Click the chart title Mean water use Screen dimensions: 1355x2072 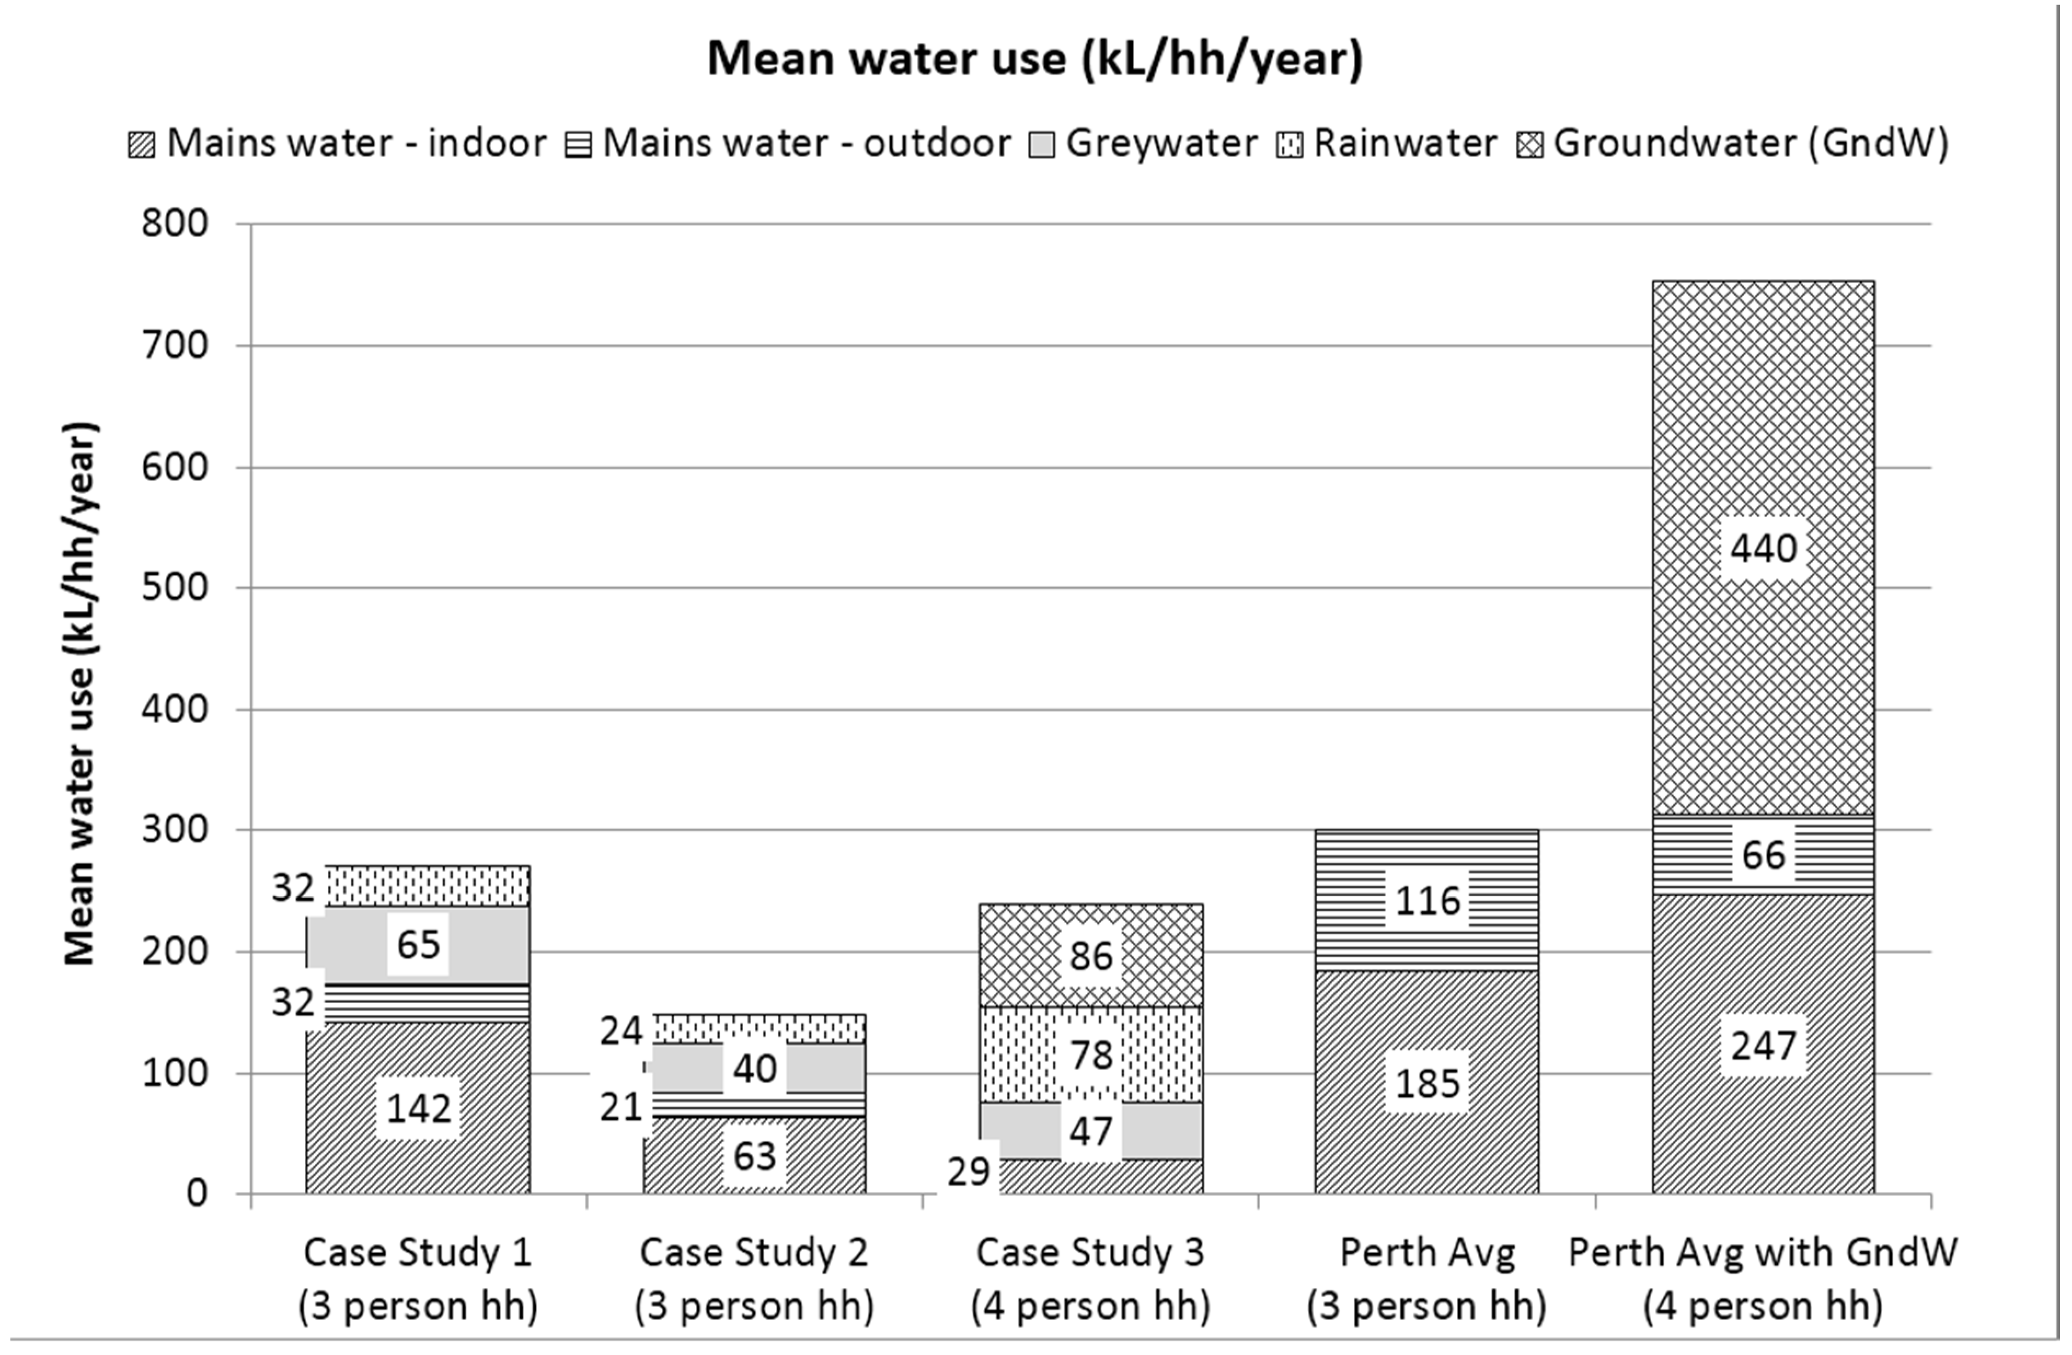(1034, 59)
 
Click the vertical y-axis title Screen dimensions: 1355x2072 (80, 693)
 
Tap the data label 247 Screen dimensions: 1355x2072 (1763, 1045)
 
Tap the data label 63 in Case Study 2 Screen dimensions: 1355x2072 (754, 1156)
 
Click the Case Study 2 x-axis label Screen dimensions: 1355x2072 (754, 1278)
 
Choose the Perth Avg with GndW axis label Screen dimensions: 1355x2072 (1763, 1278)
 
